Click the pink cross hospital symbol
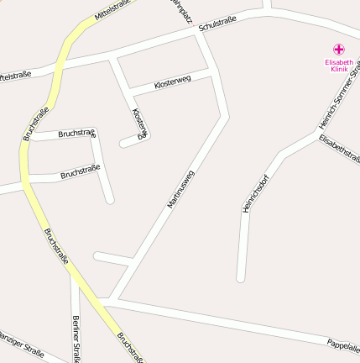coord(339,50)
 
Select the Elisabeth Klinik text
coord(339,66)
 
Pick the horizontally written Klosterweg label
coord(173,83)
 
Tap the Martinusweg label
coord(180,189)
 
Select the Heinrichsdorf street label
coord(255,192)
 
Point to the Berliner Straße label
coord(76,339)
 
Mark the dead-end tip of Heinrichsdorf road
coord(241,276)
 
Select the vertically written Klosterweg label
coord(140,123)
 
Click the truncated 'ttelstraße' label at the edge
coord(15,75)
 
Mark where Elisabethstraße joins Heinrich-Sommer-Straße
coord(316,135)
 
